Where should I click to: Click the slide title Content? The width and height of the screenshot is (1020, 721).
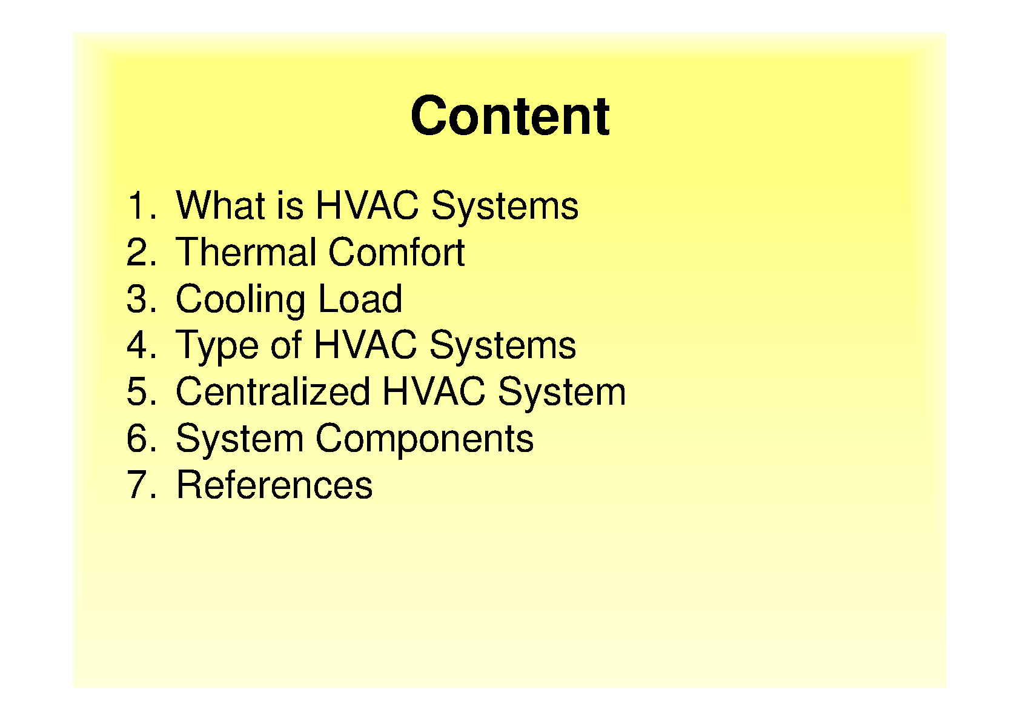[x=510, y=116]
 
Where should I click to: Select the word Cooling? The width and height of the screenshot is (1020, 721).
[x=240, y=300]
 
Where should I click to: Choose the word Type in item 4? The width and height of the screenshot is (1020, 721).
[x=217, y=348]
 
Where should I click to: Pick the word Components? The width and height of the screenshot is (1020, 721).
[x=425, y=440]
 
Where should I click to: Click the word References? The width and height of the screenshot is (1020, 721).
[x=274, y=485]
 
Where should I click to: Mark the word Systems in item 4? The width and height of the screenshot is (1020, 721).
[x=503, y=348]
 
